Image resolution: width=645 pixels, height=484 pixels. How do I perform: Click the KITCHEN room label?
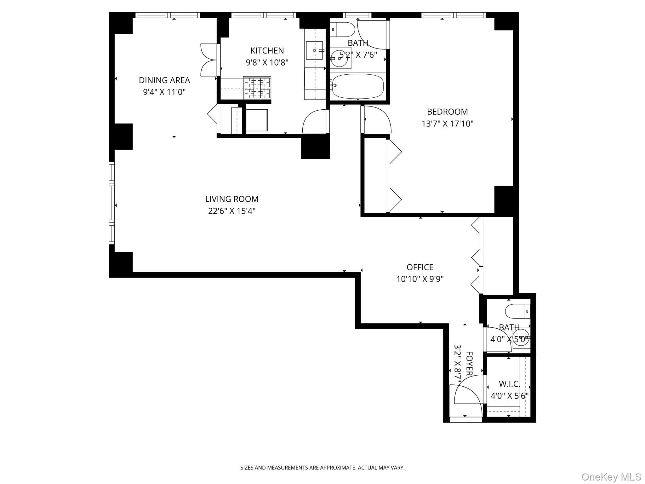[267, 50]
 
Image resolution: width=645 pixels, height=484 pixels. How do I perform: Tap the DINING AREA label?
[164, 80]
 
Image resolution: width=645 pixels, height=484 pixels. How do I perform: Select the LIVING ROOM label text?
[232, 199]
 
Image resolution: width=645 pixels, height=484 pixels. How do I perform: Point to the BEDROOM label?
[447, 112]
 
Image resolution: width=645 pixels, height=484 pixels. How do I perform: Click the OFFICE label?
[420, 267]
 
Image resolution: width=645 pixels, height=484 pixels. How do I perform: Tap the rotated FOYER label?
[469, 364]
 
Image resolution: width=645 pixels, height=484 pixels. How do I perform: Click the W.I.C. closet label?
[509, 384]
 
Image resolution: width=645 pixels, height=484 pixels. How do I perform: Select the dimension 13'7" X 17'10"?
[448, 124]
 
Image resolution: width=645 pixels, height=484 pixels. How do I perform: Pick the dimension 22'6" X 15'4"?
[232, 211]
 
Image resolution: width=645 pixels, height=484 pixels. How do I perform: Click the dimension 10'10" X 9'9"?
[420, 279]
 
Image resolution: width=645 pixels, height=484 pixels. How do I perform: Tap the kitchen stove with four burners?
[257, 88]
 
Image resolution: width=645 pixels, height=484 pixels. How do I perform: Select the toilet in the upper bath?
[342, 30]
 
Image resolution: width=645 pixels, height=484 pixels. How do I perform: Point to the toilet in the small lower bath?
[518, 311]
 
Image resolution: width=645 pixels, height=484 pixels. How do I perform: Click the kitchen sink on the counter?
[314, 50]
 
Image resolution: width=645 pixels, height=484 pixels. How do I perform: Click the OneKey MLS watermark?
[611, 477]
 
